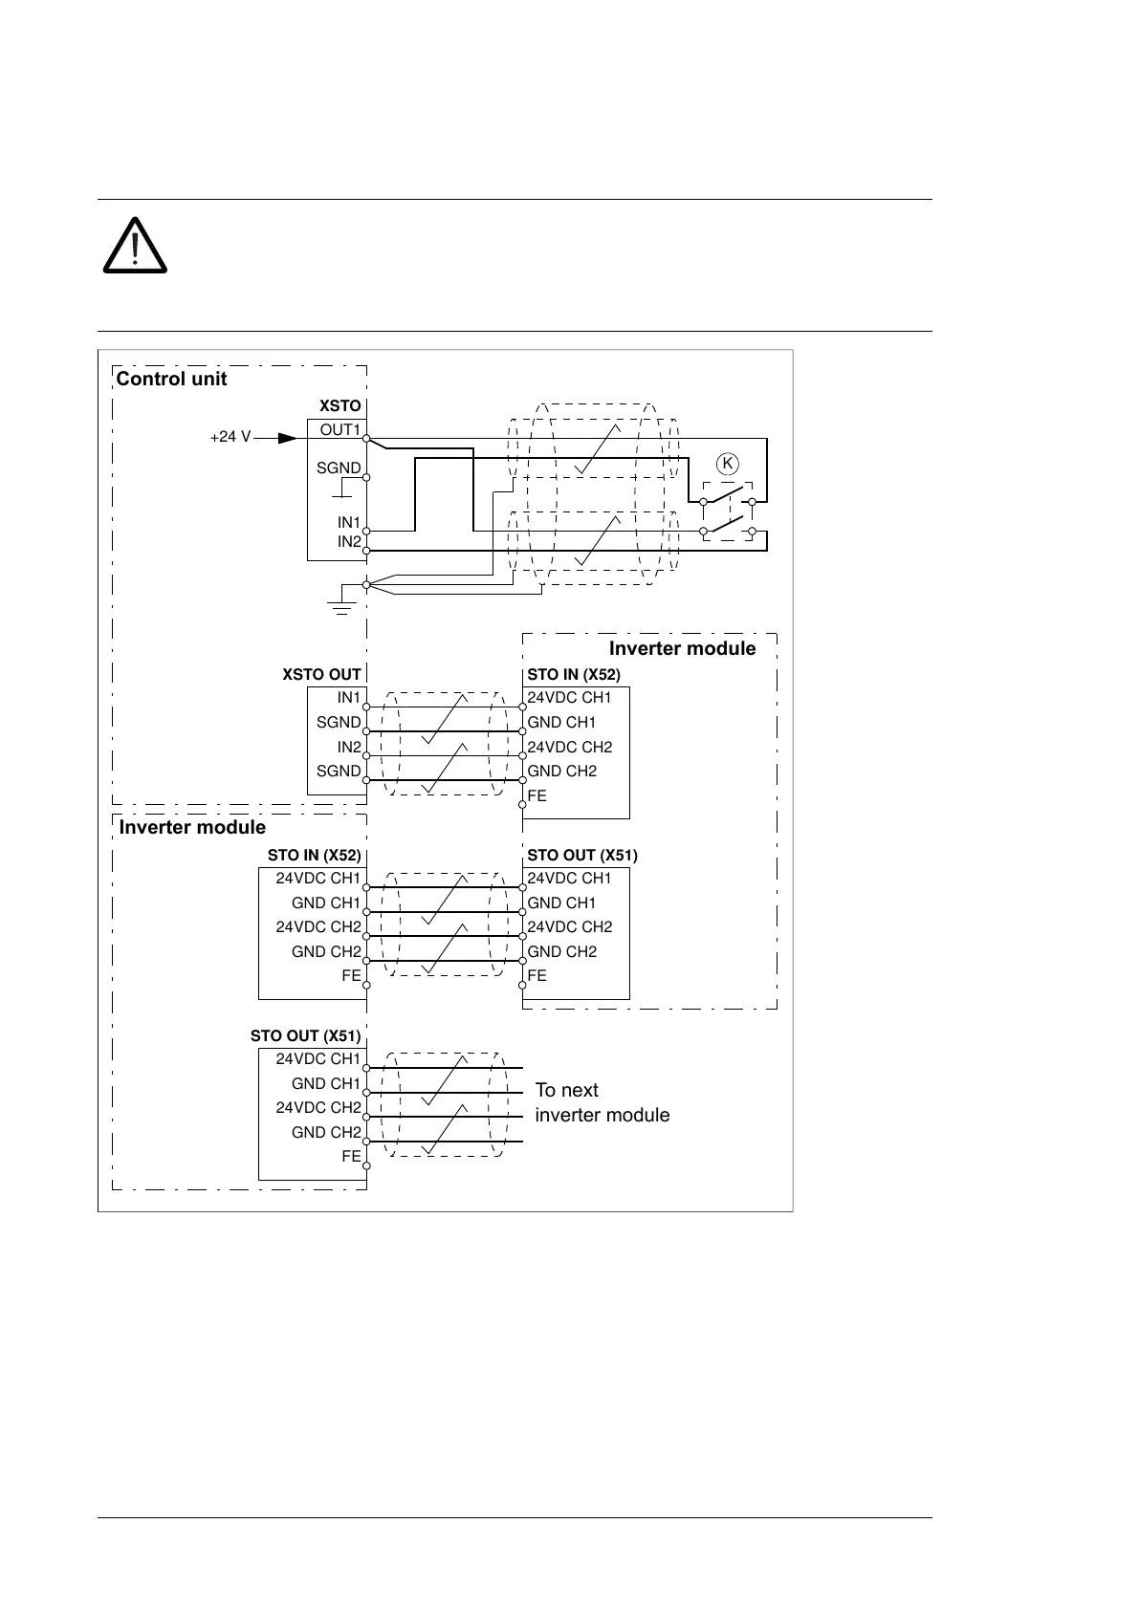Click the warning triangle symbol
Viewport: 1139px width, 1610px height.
(135, 247)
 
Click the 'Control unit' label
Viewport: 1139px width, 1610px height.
(171, 379)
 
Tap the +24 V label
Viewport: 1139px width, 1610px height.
(230, 437)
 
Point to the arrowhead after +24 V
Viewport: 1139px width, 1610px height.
(286, 438)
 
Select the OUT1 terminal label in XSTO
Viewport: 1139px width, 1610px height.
(340, 430)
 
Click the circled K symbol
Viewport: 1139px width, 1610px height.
(728, 465)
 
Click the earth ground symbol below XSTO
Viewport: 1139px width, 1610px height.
(340, 603)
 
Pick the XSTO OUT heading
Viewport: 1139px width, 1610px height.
(321, 675)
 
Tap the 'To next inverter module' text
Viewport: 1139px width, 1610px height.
(602, 1102)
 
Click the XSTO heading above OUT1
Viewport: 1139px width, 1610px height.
(340, 406)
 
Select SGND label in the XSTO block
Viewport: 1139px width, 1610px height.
(339, 468)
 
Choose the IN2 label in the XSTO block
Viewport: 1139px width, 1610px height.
(349, 542)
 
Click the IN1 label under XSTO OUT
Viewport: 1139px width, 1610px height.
(349, 698)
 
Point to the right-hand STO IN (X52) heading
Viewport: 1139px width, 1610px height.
(574, 675)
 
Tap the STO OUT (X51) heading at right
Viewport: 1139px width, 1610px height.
(581, 856)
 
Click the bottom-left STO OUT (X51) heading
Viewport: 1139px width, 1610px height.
(305, 1036)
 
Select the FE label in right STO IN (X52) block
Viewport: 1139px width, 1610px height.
(537, 795)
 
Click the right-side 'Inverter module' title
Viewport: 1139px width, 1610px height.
(682, 649)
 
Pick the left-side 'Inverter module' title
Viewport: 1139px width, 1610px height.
(192, 828)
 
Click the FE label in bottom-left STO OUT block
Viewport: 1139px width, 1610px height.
(351, 1157)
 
